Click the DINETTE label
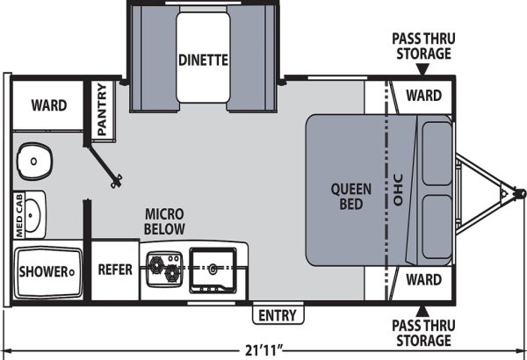203,61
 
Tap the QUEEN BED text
350,197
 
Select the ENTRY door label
278,315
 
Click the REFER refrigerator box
115,270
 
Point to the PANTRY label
102,109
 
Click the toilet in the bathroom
34,162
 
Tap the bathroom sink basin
32,215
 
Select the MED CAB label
18,215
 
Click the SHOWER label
44,271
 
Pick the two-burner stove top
165,270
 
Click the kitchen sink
213,270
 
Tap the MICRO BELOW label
164,221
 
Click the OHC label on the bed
398,190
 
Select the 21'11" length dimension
263,350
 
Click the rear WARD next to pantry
49,105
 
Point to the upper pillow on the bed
437,154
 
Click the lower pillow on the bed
437,227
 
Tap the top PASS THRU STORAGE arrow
422,69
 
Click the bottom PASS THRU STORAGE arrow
422,311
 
